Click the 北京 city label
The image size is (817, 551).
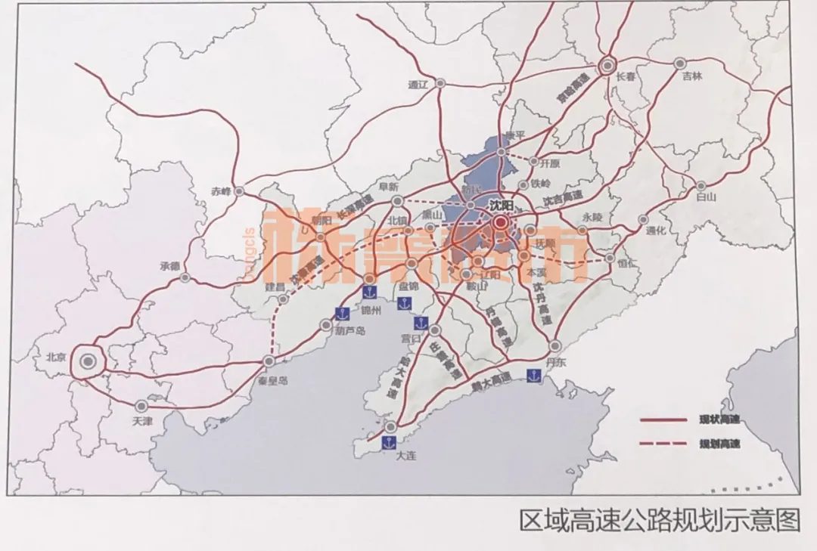point(57,358)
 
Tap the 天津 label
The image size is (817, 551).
point(142,421)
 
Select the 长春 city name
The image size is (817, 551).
point(627,76)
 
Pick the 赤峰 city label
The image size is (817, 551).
point(220,191)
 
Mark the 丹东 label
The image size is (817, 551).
point(556,362)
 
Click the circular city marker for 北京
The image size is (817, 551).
point(89,364)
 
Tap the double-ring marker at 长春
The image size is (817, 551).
point(607,66)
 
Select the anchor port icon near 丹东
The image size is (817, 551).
point(534,375)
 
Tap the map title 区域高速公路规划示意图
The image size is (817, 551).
point(658,521)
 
